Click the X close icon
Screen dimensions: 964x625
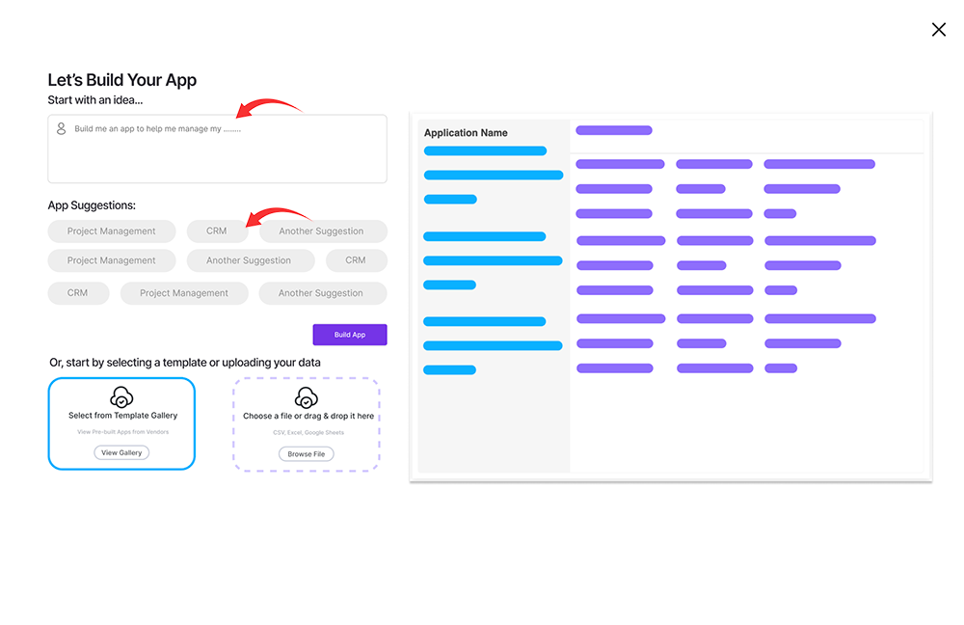pos(938,30)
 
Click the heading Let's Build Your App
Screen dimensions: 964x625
pos(122,80)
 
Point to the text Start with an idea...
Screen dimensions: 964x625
pos(95,100)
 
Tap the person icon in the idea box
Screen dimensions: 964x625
pos(61,128)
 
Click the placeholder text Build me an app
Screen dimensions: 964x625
pos(158,129)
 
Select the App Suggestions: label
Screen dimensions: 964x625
pos(92,205)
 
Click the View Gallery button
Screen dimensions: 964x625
pos(121,452)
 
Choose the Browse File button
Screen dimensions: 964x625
pos(307,454)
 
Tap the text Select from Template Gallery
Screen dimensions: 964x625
pos(123,416)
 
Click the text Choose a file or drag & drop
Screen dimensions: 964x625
pos(308,416)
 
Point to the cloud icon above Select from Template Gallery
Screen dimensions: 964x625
pos(121,397)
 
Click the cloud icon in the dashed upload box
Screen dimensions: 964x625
pos(307,398)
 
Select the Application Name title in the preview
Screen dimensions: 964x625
pos(466,133)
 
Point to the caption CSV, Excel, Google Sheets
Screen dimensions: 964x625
pos(308,432)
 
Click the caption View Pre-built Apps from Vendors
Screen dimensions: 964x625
pos(123,432)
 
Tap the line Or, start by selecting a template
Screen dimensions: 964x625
pos(185,363)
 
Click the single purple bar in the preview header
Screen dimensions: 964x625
pos(614,130)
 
